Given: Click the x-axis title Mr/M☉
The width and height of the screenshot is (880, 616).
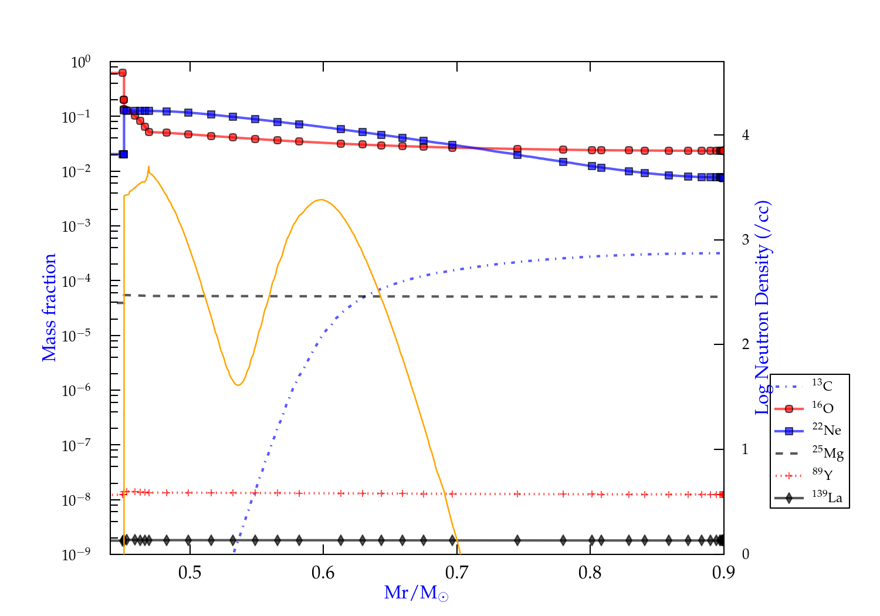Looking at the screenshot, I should pyautogui.click(x=416, y=593).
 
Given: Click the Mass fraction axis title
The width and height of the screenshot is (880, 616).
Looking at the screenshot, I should pyautogui.click(x=49, y=307).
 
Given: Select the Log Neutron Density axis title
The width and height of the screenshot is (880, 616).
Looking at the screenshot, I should pyautogui.click(x=763, y=307).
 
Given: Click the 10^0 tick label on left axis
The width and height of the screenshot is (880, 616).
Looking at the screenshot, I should pyautogui.click(x=80, y=62).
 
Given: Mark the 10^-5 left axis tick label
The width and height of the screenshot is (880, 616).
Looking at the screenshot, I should pyautogui.click(x=76, y=336).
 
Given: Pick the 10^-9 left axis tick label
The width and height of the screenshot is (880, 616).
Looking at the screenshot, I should pyautogui.click(x=76, y=555).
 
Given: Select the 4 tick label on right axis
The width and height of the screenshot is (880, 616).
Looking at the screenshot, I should pyautogui.click(x=746, y=135).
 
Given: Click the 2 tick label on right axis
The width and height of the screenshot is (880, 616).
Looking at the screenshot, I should pyautogui.click(x=746, y=344).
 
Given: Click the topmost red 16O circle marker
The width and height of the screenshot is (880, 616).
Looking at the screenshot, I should pyautogui.click(x=123, y=73).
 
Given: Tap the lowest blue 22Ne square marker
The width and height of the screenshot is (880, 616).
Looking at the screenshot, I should pyautogui.click(x=123, y=154).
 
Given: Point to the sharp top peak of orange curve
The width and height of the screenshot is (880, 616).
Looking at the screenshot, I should pyautogui.click(x=149, y=167).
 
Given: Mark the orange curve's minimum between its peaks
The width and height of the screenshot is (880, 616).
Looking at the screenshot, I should pyautogui.click(x=238, y=385).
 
